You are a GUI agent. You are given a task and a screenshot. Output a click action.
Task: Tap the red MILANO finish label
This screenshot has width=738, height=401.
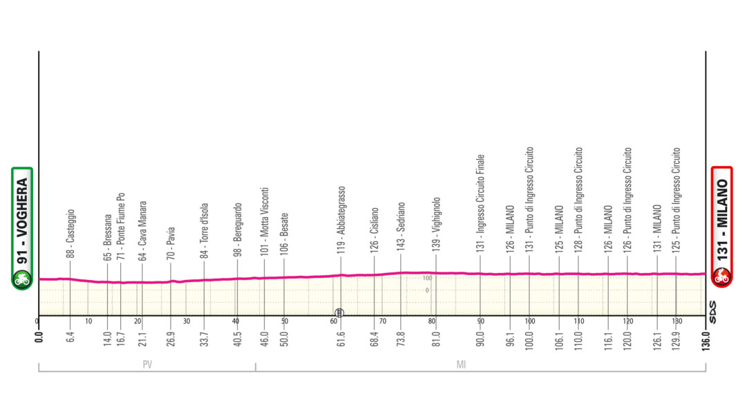pos(721,218)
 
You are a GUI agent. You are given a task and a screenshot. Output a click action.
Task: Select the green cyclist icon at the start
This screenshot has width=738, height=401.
pos(22,279)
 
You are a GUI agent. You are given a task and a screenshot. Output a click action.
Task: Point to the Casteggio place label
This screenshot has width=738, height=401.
pos(70,235)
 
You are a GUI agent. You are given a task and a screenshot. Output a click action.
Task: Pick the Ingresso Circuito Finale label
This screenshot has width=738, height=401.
pos(480,202)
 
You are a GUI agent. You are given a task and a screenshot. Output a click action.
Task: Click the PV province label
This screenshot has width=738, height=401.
pos(147,364)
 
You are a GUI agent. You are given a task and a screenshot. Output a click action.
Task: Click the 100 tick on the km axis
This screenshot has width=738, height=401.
pos(530,321)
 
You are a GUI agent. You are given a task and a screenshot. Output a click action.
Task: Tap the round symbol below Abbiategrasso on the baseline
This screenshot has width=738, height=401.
pos(339,313)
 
